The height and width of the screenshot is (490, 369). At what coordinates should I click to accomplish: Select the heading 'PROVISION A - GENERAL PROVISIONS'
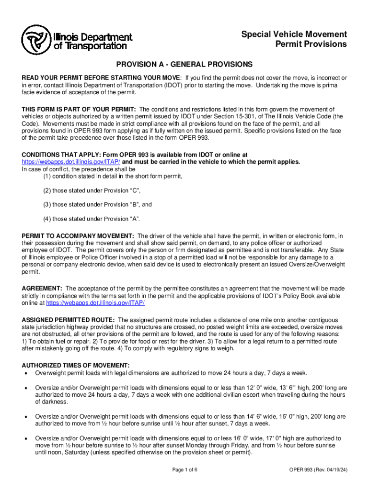click(184, 64)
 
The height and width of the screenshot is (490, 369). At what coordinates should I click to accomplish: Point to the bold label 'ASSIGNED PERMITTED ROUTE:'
click(68, 320)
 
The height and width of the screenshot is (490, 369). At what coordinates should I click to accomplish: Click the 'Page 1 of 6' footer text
click(184, 469)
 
